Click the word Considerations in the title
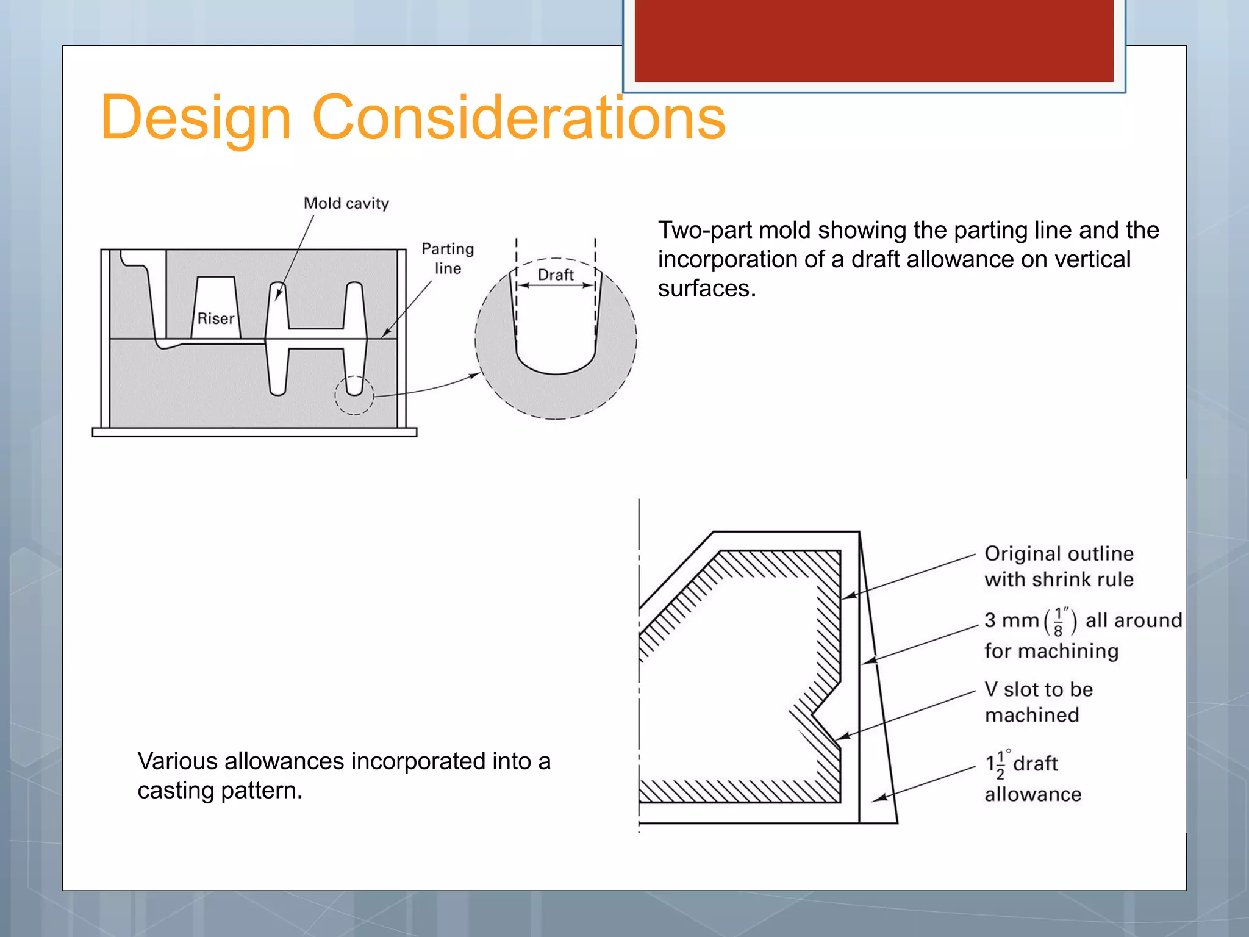[518, 117]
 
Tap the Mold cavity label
[346, 203]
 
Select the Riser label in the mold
[216, 318]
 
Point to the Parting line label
[448, 258]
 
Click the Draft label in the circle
[555, 275]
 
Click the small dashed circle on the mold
[354, 395]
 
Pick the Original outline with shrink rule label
[1059, 566]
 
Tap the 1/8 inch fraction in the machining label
[1058, 621]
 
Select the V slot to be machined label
[1039, 702]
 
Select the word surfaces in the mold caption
[706, 289]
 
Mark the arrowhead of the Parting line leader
[385, 333]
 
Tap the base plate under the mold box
[254, 433]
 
